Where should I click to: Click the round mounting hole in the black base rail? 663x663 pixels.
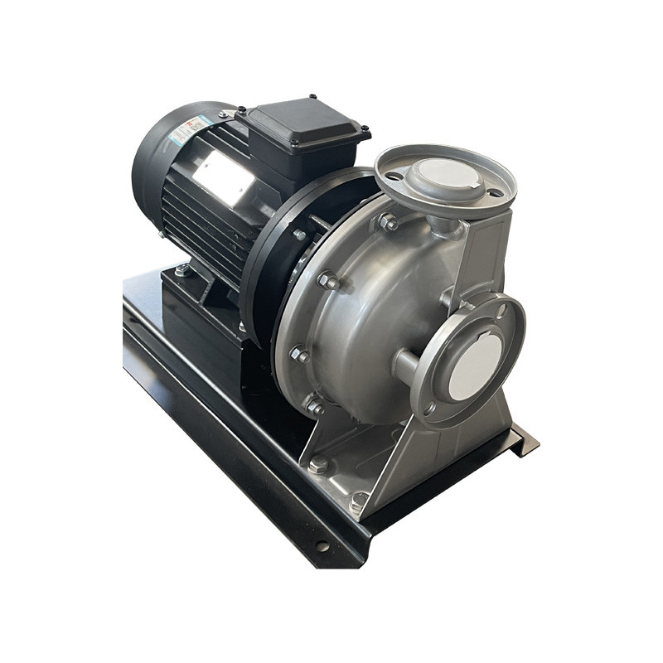coord(322,546)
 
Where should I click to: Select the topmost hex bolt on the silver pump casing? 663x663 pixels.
coord(388,222)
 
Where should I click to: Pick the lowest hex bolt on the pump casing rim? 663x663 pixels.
coord(314,406)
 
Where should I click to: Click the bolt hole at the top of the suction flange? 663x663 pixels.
coord(501,312)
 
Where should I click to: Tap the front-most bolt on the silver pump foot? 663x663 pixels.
coord(359,500)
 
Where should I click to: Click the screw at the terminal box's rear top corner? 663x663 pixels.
coord(312,98)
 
